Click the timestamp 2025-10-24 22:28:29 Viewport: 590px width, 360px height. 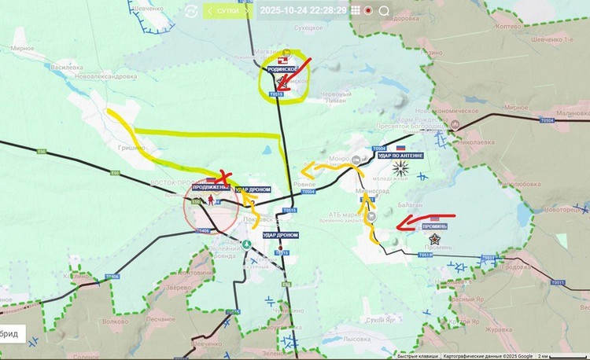(302, 10)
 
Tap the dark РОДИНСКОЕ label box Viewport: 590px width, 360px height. (282, 69)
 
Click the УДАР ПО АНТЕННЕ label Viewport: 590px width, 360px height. (400, 156)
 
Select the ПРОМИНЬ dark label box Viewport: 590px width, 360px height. (435, 226)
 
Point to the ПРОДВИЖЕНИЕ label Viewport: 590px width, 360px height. (210, 187)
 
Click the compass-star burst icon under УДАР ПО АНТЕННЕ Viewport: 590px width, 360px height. (402, 167)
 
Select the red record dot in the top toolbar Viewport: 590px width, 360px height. (368, 11)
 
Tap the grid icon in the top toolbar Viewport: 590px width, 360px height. (355, 11)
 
